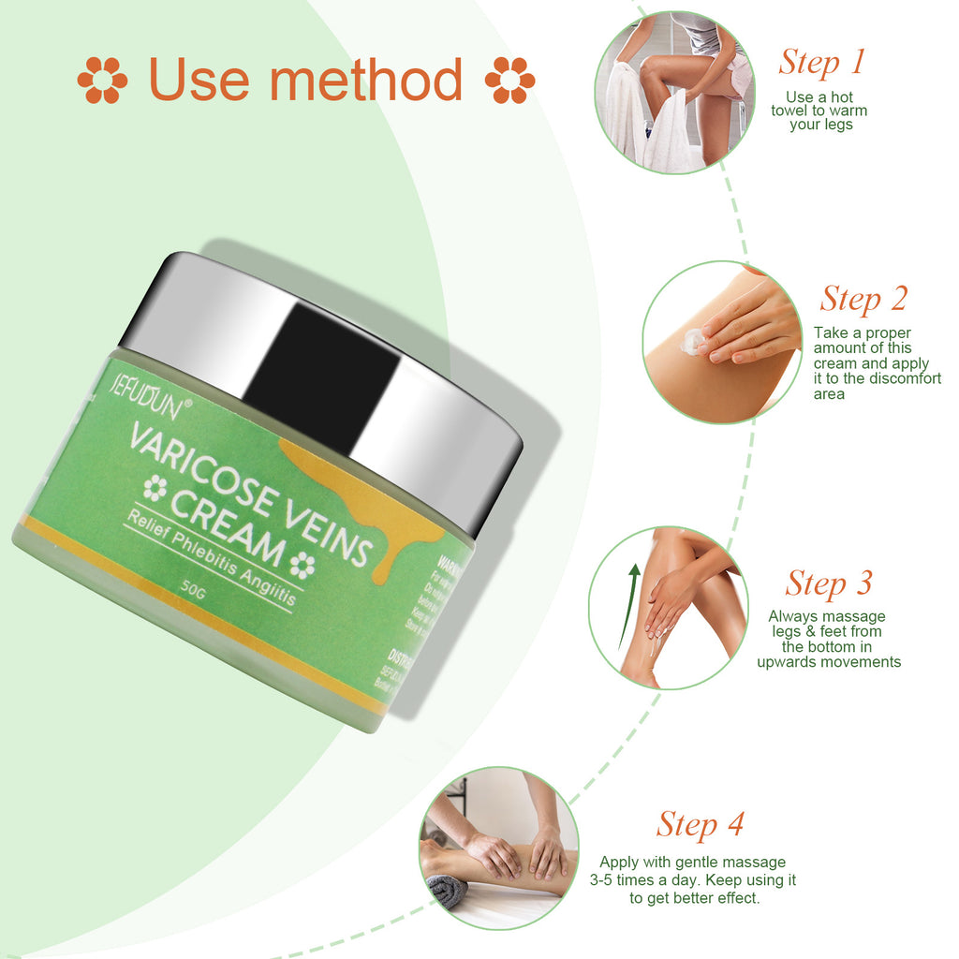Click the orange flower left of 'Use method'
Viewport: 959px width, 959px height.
click(x=102, y=80)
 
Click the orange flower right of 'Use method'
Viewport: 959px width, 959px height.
click(x=509, y=80)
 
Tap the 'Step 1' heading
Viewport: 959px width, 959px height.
click(x=821, y=62)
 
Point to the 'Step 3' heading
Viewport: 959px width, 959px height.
click(x=829, y=583)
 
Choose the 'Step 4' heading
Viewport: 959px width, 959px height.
click(x=700, y=824)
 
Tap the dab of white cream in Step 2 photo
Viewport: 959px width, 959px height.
click(x=692, y=342)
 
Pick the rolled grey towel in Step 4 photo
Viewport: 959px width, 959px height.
click(x=448, y=890)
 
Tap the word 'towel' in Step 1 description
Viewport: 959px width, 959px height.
click(x=789, y=111)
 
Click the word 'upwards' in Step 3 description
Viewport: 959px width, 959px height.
click(x=789, y=662)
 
